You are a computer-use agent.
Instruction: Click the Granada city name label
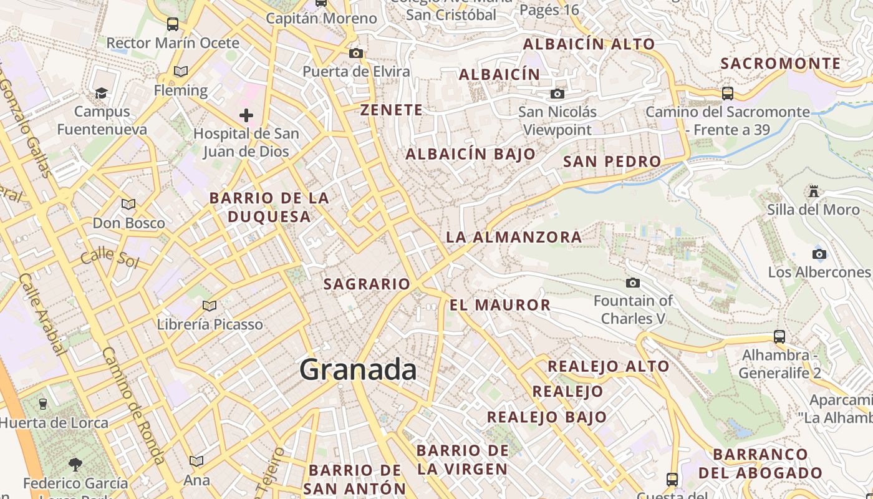click(x=358, y=369)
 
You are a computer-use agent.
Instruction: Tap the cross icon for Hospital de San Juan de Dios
click(x=246, y=115)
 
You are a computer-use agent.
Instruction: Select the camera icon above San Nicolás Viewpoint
click(x=557, y=94)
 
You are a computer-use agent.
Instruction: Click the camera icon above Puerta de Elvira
click(x=356, y=54)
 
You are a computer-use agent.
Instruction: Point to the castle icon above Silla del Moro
click(x=813, y=191)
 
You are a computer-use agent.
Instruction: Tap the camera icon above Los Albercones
click(x=819, y=254)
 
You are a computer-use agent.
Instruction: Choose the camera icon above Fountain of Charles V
click(x=633, y=283)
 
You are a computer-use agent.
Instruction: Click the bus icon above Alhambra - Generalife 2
click(x=779, y=337)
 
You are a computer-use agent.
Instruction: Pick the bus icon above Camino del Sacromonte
click(x=727, y=94)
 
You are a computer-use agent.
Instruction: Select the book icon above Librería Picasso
click(x=210, y=306)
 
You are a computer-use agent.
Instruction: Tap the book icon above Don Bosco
click(x=128, y=205)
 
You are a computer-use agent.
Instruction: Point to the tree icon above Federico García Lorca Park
click(x=75, y=465)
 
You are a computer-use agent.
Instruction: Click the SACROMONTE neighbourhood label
click(x=781, y=64)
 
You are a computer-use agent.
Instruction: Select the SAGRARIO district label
click(x=367, y=284)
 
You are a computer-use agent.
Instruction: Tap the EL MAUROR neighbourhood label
click(x=500, y=305)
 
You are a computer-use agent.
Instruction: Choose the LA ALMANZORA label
click(x=514, y=237)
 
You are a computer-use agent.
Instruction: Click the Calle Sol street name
click(x=110, y=256)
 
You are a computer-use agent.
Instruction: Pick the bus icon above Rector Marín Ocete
click(x=173, y=24)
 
